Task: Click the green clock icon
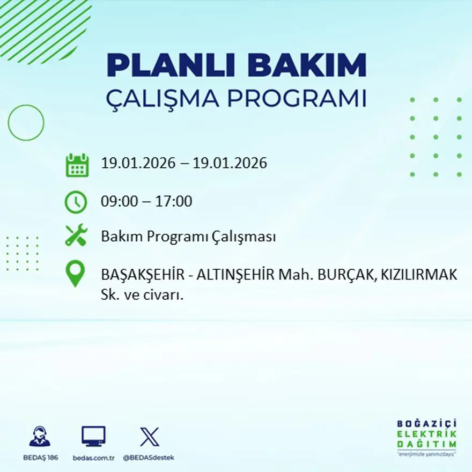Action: click(x=76, y=202)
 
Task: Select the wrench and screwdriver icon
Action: click(x=76, y=235)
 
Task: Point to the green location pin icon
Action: click(x=75, y=273)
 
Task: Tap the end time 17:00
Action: click(x=174, y=202)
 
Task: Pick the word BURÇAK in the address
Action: click(x=342, y=275)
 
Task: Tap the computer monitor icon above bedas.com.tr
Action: click(x=93, y=436)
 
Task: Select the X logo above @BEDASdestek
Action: click(x=149, y=436)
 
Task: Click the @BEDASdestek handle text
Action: click(x=149, y=458)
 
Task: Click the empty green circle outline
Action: click(x=26, y=123)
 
